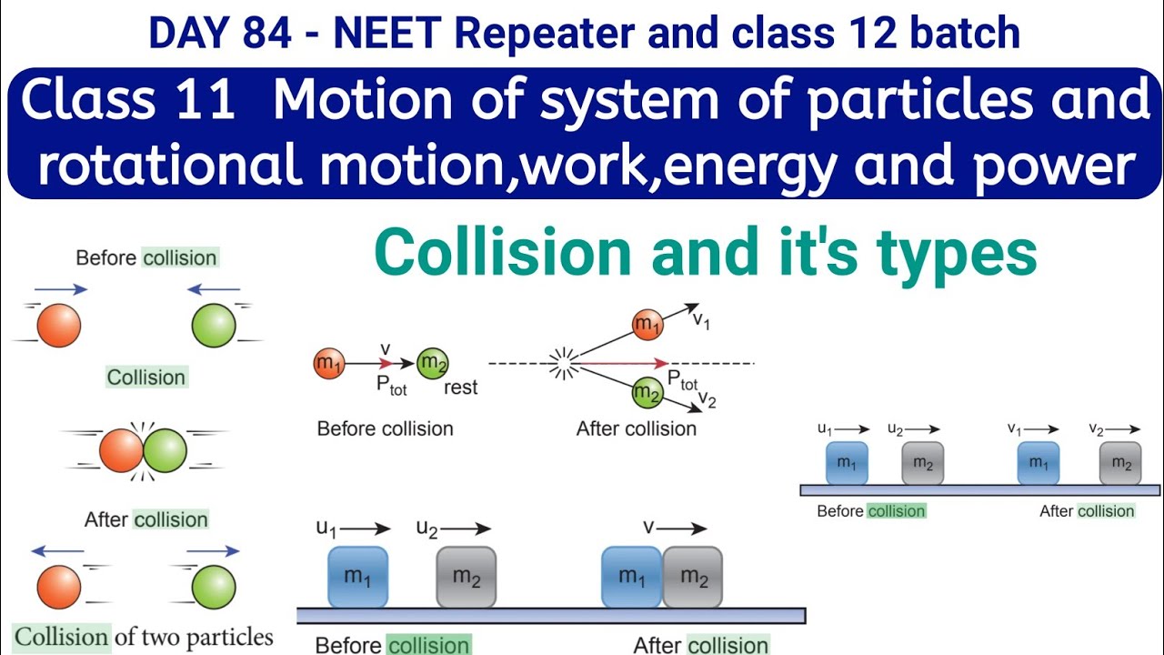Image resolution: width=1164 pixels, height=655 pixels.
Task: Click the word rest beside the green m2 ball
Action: [460, 388]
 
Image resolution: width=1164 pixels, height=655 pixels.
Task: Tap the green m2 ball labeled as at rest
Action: [432, 364]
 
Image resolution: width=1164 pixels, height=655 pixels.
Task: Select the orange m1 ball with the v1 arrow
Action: [647, 325]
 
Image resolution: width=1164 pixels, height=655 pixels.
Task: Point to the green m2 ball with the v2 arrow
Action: [647, 393]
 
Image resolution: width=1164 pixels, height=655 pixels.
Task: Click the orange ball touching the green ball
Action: [121, 451]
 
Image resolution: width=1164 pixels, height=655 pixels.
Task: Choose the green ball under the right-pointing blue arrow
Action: [215, 587]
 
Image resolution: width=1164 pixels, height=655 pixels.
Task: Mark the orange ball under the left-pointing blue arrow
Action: [60, 587]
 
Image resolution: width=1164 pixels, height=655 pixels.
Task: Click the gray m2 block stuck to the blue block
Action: [693, 577]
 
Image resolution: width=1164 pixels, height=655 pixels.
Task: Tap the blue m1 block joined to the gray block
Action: [631, 577]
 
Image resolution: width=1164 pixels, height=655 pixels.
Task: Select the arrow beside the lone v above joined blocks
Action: [687, 528]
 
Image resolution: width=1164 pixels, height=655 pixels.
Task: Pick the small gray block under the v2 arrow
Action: [1121, 463]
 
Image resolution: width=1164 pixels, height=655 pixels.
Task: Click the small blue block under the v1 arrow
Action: [1038, 463]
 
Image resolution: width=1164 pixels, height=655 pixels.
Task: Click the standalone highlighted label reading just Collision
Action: [146, 377]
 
